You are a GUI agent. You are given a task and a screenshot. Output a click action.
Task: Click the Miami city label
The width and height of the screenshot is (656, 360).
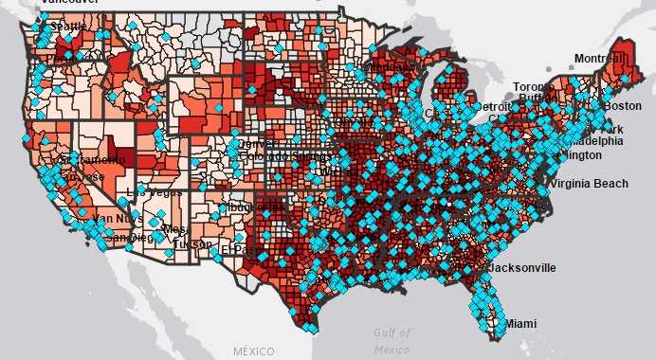519,324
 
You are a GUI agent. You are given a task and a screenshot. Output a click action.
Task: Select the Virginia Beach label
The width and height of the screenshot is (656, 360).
590,183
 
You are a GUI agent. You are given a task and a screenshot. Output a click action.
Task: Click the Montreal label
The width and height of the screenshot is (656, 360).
600,59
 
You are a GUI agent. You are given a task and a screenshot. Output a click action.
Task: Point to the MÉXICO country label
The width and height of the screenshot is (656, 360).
253,351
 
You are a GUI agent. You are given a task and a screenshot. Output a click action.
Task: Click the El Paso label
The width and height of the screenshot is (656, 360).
233,249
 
